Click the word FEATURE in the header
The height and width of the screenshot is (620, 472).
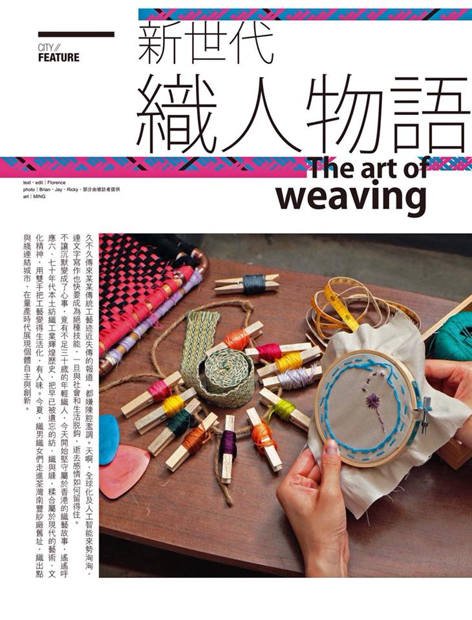(x=59, y=57)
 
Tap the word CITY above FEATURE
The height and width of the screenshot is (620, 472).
(x=45, y=47)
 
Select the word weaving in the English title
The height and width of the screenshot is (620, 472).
(x=352, y=196)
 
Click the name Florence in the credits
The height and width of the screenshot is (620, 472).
(x=58, y=183)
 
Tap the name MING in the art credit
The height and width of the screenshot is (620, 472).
(x=40, y=196)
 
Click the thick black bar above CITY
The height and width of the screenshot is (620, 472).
(x=76, y=34)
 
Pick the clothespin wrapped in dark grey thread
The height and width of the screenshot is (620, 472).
(x=246, y=284)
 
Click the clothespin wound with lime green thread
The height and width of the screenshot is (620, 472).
(x=284, y=408)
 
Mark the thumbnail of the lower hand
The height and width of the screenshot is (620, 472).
(x=331, y=447)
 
